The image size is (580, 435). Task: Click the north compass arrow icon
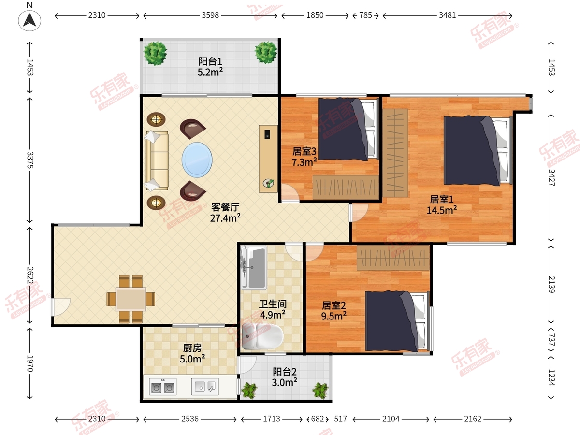[29, 20]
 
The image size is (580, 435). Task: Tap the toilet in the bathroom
[262, 336]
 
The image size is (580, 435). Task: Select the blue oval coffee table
[197, 160]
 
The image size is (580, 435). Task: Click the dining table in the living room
[131, 299]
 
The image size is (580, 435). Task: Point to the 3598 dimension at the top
[210, 15]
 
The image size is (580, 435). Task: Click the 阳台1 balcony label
[210, 61]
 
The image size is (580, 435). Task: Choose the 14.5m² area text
[442, 210]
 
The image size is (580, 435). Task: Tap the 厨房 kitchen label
[192, 348]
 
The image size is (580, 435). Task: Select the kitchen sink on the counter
[205, 387]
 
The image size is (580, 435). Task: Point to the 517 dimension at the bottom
[340, 419]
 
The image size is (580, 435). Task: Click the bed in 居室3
[348, 129]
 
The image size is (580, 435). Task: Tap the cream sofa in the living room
[157, 160]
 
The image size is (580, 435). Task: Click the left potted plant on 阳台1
[155, 53]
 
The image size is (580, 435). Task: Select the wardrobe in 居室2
[393, 258]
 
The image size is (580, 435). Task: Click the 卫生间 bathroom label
[273, 304]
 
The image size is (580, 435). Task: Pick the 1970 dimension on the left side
[30, 363]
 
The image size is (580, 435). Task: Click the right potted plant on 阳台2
[320, 391]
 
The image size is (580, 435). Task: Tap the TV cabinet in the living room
[268, 159]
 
